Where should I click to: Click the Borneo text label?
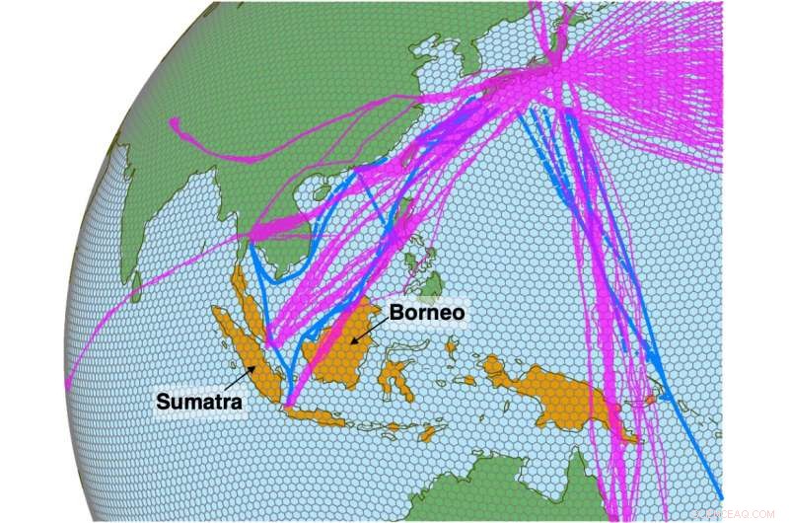425,313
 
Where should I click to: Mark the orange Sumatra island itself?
251,345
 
